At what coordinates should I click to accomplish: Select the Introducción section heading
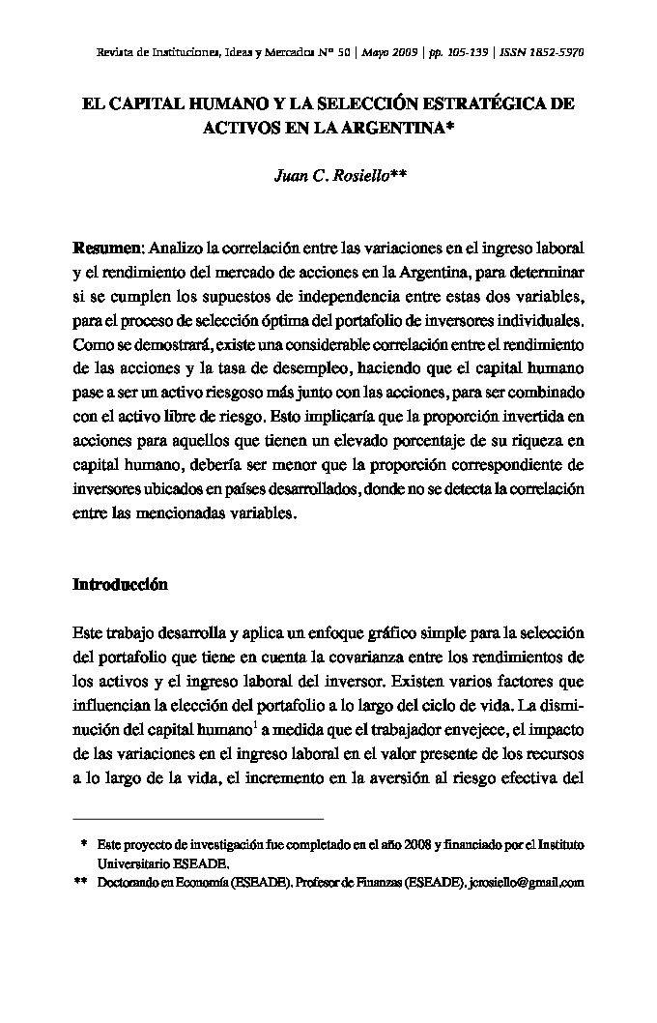coord(121,585)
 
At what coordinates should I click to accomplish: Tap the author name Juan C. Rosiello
coord(328,175)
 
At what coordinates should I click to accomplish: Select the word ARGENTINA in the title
coord(395,128)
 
